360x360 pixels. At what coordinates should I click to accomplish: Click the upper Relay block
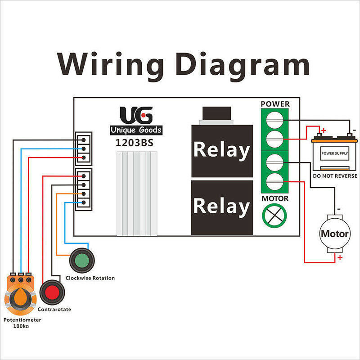click(221, 150)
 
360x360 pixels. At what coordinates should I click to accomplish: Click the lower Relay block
click(221, 207)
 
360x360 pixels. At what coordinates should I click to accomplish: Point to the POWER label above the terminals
click(275, 104)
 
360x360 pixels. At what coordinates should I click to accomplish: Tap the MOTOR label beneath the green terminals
click(275, 198)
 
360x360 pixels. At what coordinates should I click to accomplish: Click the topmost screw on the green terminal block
click(275, 119)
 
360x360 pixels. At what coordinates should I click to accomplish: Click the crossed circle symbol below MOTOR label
click(275, 215)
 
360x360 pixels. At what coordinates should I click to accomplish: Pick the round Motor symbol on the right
click(334, 234)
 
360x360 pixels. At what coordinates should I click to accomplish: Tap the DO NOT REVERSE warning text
click(334, 176)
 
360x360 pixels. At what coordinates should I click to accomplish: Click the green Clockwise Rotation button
click(81, 260)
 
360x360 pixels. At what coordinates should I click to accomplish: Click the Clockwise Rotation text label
click(90, 278)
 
